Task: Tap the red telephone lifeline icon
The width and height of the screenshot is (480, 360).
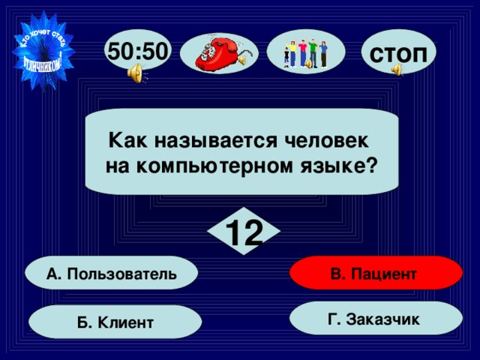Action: click(221, 52)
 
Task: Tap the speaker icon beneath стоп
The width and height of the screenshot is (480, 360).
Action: click(397, 70)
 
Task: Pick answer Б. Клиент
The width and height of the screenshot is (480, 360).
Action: click(115, 322)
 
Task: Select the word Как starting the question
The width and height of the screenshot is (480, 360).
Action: click(123, 140)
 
